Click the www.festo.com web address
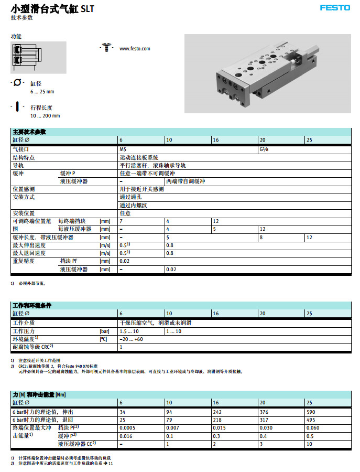135,49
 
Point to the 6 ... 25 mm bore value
42,92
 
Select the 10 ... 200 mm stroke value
45,116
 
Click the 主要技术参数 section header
29,132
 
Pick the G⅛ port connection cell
264,149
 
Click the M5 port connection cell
123,149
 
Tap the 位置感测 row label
24,189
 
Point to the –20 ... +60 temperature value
132,339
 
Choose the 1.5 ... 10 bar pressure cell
130,331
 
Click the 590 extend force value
311,412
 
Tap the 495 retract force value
311,420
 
